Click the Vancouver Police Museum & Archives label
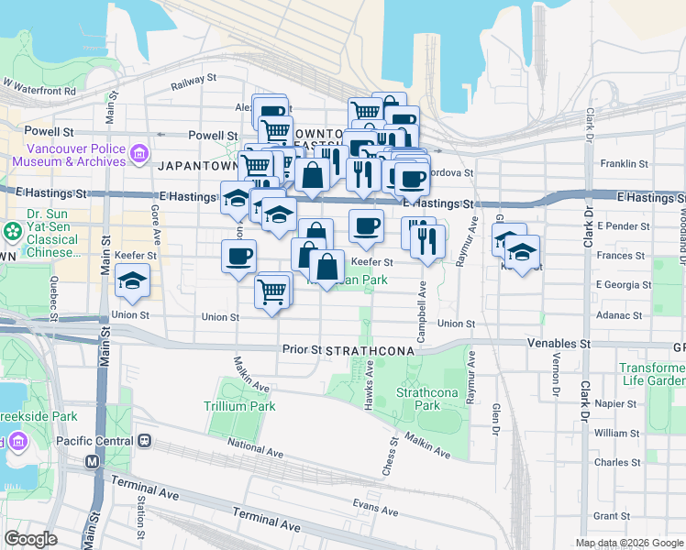tap(69, 154)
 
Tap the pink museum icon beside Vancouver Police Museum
tap(139, 152)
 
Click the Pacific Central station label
tap(95, 440)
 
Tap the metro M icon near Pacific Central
tap(92, 462)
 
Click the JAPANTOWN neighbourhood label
tap(197, 168)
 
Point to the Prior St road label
tap(301, 349)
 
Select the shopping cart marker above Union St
tap(271, 292)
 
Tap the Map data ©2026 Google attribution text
tap(629, 543)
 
